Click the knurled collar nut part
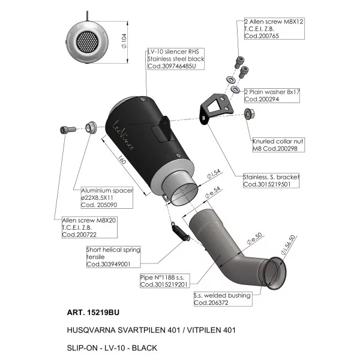tap(249, 113)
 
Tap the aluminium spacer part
tap(91, 128)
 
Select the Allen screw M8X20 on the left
tap(68, 130)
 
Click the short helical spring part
tap(181, 231)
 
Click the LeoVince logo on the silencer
tap(123, 136)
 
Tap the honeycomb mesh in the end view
tap(88, 42)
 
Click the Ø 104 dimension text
tap(124, 41)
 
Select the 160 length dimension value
tap(122, 160)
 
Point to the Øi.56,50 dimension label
tap(289, 245)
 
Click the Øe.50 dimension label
tap(254, 239)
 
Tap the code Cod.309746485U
tap(172, 66)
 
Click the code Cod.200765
tap(262, 36)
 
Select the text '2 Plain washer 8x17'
tap(272, 92)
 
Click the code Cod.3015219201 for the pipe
tap(164, 284)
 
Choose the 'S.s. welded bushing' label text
tap(222, 295)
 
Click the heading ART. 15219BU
tap(93, 313)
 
